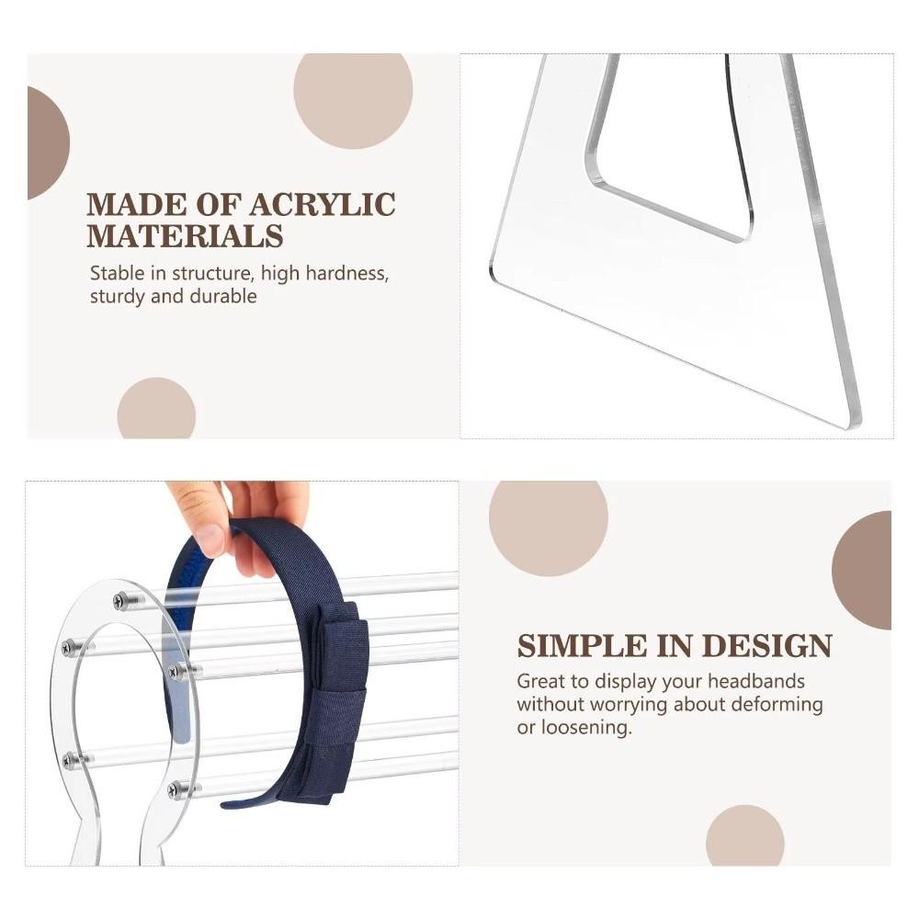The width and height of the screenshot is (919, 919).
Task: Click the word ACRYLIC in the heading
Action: pyautogui.click(x=323, y=205)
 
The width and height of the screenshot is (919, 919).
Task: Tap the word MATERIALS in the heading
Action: pyautogui.click(x=186, y=236)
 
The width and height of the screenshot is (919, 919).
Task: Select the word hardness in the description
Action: pyautogui.click(x=346, y=274)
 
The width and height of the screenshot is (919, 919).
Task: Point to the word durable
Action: pyautogui.click(x=224, y=296)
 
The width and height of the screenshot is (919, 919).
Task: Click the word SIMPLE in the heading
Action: pyautogui.click(x=583, y=646)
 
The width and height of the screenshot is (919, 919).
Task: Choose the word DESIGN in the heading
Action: pyautogui.click(x=767, y=646)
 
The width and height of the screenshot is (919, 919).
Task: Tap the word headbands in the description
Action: pyautogui.click(x=756, y=681)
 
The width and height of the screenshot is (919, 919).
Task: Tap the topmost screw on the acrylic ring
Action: pyautogui.click(x=127, y=599)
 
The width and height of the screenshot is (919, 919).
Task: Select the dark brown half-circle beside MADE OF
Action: pyautogui.click(x=47, y=143)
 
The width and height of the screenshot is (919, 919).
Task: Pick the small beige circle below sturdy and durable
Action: pyautogui.click(x=156, y=409)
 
